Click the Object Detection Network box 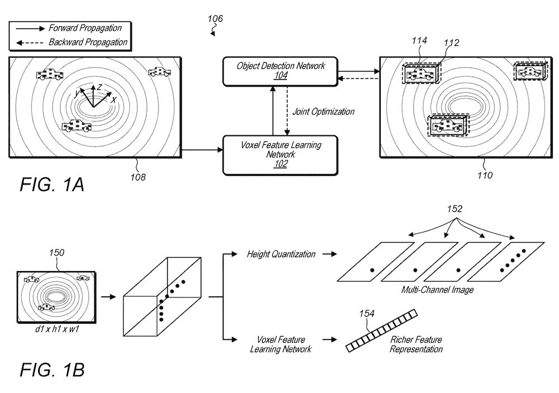pos(280,72)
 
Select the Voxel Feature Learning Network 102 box pos(280,155)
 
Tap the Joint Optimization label pos(323,112)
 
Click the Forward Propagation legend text pos(85,28)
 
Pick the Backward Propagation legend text pos(88,42)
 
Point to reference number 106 pos(215,18)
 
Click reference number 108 pos(138,177)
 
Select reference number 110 pos(485,175)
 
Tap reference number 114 pos(419,41)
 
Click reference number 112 pos(451,43)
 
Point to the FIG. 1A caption pos(52,184)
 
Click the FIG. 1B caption pos(52,370)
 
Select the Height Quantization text pos(281,254)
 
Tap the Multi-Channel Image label pos(438,290)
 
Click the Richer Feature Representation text pos(416,344)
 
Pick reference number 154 pos(367,314)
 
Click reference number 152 pos(454,209)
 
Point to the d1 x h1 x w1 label pos(57,329)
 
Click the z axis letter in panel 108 pos(100,87)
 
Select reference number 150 pos(56,253)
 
